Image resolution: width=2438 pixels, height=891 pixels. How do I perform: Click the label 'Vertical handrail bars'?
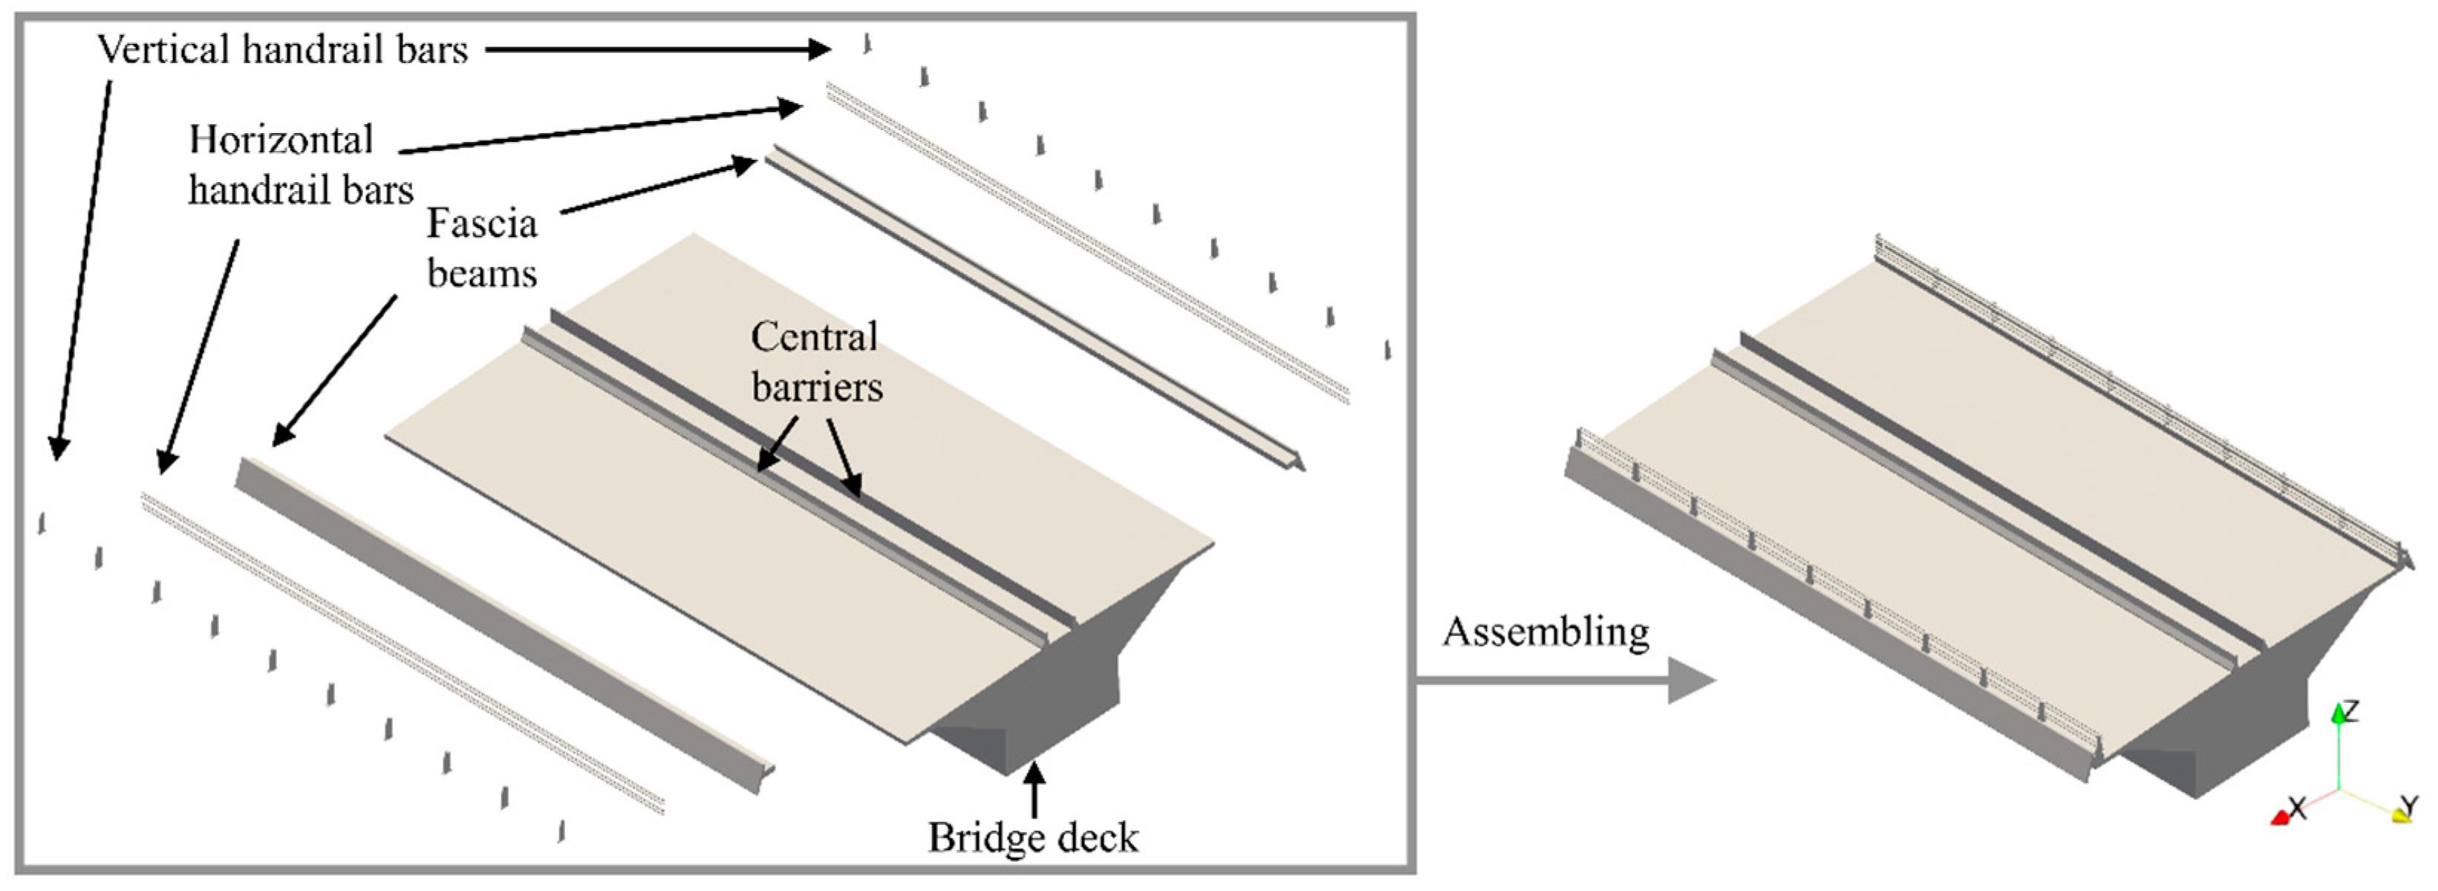[282, 49]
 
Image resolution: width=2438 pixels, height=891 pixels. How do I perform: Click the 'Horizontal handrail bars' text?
[301, 165]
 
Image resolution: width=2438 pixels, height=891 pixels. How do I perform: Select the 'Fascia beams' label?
[482, 248]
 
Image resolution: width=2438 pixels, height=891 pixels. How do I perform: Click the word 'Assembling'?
[1545, 632]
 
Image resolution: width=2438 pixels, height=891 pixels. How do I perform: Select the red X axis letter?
[2296, 808]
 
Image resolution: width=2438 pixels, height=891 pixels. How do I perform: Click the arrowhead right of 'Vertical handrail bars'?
[820, 49]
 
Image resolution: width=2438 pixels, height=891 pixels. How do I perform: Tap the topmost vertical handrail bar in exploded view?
[867, 42]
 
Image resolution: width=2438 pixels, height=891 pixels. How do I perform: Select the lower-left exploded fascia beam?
[501, 625]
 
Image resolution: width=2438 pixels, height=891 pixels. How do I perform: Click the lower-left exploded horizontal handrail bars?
[402, 653]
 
